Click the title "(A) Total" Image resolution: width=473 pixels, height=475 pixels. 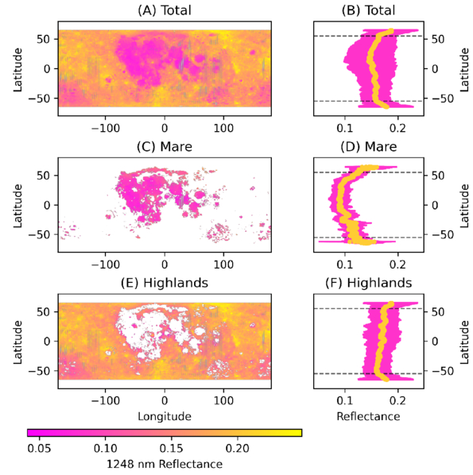click(165, 10)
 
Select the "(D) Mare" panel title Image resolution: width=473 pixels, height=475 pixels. click(368, 147)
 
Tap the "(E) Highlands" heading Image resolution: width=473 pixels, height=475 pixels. click(165, 283)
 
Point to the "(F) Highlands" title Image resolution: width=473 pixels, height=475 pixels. click(368, 283)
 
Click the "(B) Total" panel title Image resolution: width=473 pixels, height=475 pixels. click(368, 10)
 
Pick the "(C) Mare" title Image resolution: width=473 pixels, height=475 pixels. click(165, 147)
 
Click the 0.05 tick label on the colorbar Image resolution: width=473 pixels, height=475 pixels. click(39, 448)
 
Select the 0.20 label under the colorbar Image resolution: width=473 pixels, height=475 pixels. click(238, 448)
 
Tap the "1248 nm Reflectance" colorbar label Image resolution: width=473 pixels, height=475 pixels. click(165, 464)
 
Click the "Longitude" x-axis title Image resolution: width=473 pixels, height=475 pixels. click(165, 416)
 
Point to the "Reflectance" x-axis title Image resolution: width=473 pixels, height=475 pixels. click(368, 416)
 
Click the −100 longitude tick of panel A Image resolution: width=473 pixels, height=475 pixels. click(106, 128)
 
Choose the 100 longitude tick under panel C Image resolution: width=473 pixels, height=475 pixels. click(223, 265)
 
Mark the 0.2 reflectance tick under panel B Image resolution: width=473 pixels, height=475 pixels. click(397, 128)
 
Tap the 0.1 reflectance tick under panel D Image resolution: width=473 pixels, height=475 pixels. click(345, 265)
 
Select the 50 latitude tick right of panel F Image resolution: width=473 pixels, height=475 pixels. click(438, 311)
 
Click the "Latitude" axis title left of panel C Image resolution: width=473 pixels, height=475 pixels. click(18, 206)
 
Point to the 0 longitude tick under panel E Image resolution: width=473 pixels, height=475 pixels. click(165, 400)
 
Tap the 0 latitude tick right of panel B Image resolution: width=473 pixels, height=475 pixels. click(435, 69)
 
